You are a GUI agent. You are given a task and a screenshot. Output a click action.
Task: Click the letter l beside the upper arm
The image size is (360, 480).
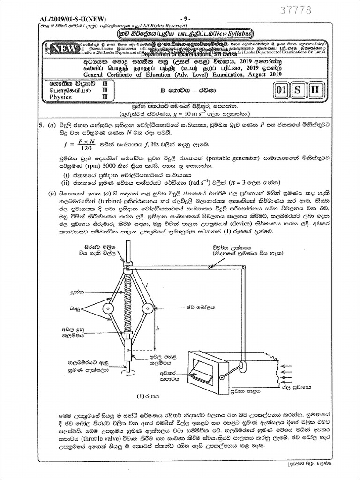[x=147, y=285]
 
